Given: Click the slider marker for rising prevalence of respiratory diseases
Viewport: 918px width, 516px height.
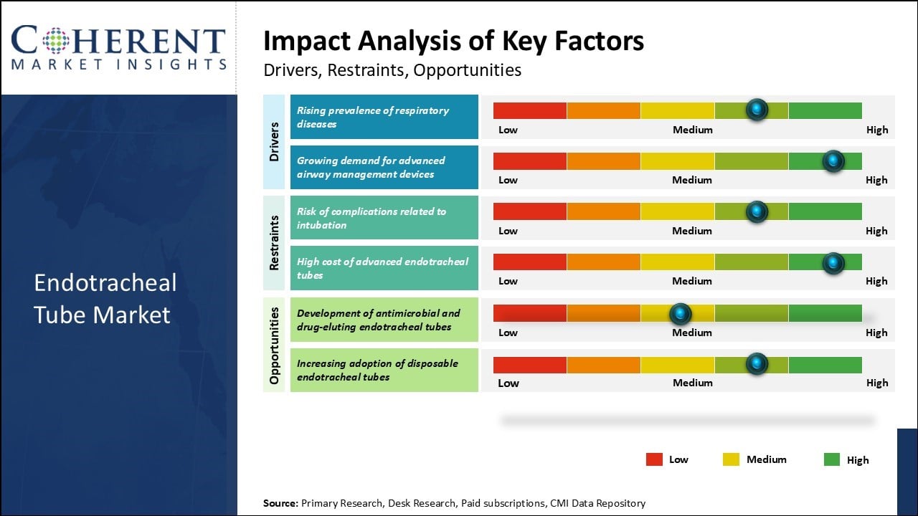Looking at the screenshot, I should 757,110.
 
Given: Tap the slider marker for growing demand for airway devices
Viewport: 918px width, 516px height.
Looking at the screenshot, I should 833,161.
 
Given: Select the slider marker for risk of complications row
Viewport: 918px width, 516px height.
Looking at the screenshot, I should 757,211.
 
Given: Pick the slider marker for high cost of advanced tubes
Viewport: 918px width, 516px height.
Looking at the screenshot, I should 833,263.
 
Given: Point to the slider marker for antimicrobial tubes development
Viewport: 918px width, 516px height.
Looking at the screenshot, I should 680,313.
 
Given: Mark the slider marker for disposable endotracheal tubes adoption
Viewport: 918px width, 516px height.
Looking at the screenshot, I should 757,364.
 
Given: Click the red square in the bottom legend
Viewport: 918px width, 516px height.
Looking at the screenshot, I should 654,459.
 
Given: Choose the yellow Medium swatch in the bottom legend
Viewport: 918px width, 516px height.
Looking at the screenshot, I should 731,459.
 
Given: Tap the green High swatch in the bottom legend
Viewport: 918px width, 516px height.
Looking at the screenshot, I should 832,459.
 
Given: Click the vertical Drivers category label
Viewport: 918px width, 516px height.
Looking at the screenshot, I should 274,141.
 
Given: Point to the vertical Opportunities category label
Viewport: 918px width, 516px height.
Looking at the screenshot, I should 274,344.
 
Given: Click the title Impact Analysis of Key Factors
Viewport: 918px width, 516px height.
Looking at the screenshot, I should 453,42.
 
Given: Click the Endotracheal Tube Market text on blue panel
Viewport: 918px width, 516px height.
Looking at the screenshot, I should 105,298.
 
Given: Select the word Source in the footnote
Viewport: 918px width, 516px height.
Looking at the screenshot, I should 280,503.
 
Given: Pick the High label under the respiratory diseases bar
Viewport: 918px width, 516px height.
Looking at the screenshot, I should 876,130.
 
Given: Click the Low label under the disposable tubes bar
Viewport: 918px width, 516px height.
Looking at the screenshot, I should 508,383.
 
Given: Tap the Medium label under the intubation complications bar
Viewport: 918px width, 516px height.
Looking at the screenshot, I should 692,231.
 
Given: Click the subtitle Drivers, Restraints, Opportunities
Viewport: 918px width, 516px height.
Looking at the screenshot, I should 392,70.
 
